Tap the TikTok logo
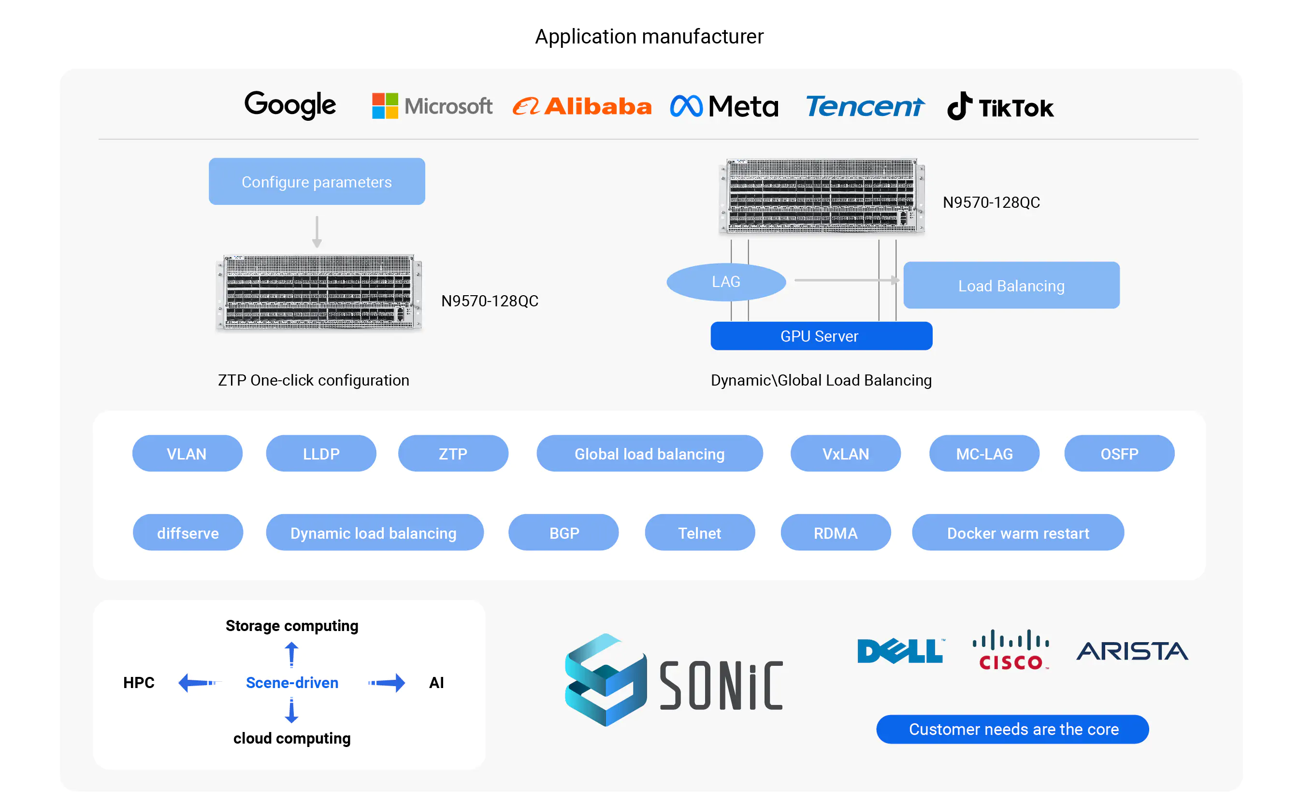1000,106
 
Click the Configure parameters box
317,181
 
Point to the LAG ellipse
726,282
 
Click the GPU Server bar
821,336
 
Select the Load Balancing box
1011,286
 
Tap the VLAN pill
187,454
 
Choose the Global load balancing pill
649,454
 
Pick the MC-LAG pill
984,454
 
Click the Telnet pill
699,533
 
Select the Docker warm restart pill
1017,533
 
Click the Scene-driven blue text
292,682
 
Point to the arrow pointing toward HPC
198,682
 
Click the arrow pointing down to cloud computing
291,711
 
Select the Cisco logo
1010,650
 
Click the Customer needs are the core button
1012,729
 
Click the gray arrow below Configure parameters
317,232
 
